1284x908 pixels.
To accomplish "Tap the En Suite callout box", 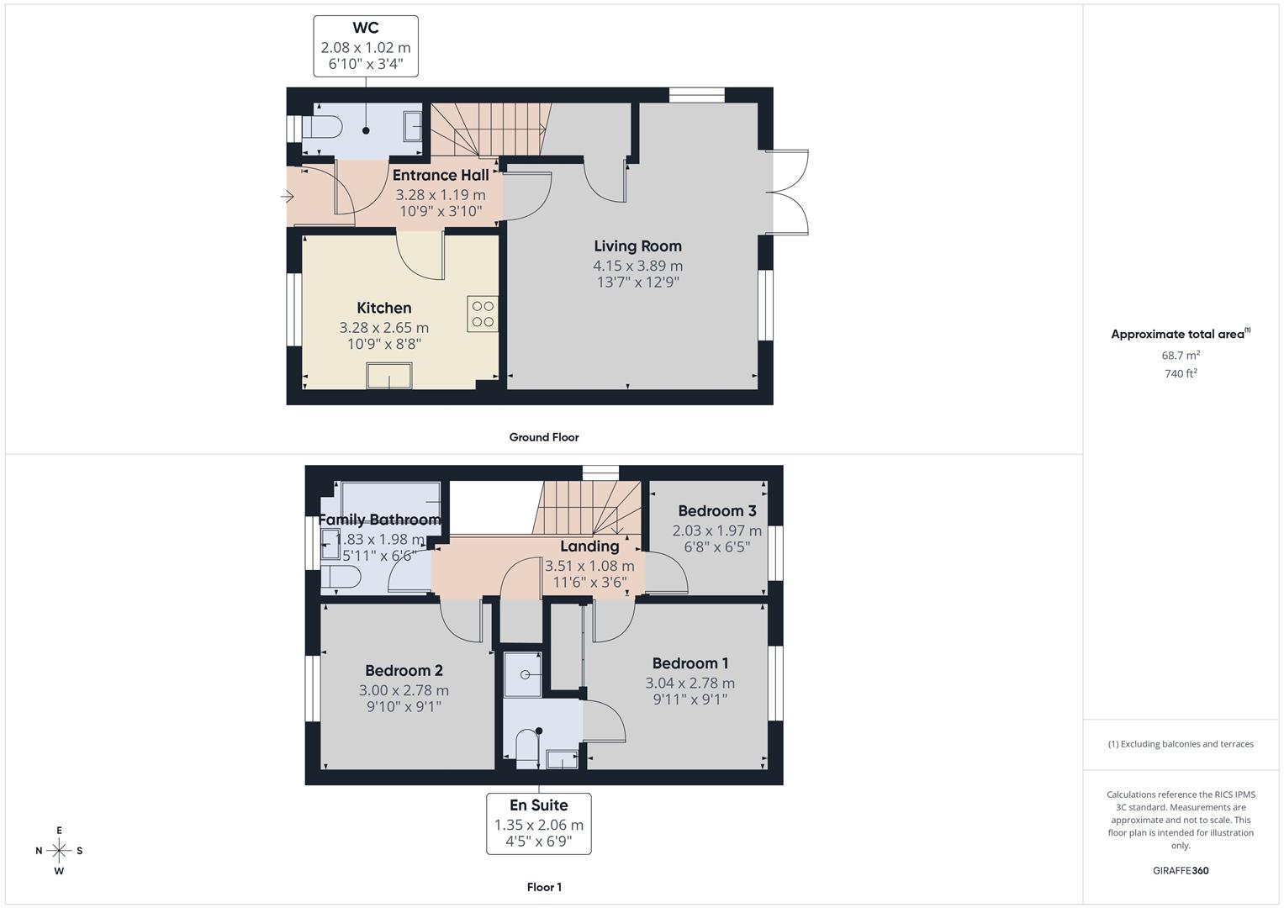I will point(538,823).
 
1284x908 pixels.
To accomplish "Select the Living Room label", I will point(637,246).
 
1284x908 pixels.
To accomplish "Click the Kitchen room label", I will point(383,308).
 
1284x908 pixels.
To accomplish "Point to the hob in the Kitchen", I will point(483,314).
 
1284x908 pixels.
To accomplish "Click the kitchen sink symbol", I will point(388,376).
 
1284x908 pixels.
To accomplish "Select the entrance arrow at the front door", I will point(287,198).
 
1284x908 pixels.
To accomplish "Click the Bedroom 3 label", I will point(716,511).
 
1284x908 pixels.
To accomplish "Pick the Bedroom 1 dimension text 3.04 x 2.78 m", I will point(690,684).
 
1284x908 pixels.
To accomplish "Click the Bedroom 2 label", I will point(404,670).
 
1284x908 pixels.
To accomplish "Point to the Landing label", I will point(589,546).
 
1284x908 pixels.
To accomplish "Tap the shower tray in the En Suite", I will point(523,675).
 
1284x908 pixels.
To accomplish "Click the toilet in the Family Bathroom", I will point(341,578).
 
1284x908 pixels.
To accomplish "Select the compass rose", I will point(59,850).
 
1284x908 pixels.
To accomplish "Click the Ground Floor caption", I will point(544,437).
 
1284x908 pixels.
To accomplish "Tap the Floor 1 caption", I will point(544,887).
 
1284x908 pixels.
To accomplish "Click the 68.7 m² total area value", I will point(1181,356).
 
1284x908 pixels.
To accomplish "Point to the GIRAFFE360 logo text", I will point(1180,871).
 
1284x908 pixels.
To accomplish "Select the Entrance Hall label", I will point(441,175).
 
